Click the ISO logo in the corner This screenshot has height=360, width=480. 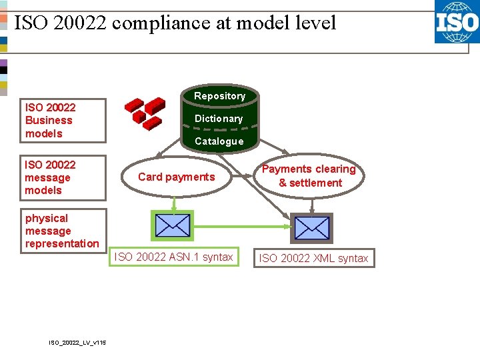click(457, 22)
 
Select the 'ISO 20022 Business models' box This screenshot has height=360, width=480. click(63, 121)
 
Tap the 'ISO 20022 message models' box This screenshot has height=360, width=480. click(63, 177)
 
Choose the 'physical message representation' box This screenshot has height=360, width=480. click(63, 231)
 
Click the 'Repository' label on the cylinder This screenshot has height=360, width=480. click(219, 96)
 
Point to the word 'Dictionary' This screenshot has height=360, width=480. click(219, 119)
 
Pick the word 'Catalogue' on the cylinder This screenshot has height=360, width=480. click(219, 141)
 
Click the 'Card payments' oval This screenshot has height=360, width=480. click(176, 177)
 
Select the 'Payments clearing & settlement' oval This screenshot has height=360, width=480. click(309, 176)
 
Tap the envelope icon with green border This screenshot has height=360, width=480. click(173, 226)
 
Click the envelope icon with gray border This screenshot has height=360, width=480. click(311, 228)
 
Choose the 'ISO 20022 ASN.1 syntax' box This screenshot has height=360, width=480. click(174, 257)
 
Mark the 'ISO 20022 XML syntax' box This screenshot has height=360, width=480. click(313, 258)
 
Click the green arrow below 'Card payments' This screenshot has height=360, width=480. click(173, 203)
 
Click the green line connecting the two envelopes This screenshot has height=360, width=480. click(240, 227)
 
